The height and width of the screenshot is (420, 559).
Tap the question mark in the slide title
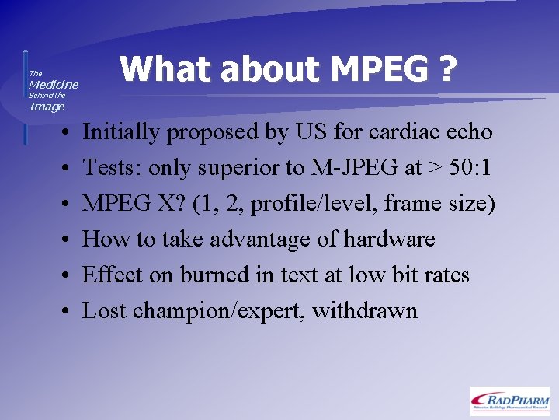point(446,70)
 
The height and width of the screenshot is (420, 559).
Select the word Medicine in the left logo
point(54,84)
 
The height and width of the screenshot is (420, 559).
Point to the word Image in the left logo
point(47,107)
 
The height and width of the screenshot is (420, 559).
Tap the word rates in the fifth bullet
point(446,275)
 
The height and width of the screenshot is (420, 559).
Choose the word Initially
point(121,132)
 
